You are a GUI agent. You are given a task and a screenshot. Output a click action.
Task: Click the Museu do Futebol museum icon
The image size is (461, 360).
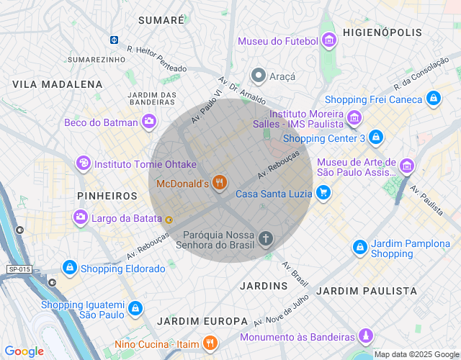coord(329,40)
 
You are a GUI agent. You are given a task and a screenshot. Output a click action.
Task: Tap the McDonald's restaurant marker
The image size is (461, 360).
coord(220,184)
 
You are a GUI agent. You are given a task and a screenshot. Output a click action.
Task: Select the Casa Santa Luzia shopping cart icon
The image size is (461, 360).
coord(323,193)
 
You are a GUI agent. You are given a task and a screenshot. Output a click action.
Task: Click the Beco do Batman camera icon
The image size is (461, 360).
coord(149,122)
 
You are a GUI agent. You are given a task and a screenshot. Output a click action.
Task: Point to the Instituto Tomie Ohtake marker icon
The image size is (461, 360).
coord(84,164)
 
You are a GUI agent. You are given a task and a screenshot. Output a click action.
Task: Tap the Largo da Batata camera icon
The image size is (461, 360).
coord(80,216)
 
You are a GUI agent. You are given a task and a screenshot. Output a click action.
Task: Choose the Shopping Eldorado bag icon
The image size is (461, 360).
coord(69,268)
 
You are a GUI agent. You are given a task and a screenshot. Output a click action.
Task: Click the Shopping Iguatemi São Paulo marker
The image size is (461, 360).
coord(135,309)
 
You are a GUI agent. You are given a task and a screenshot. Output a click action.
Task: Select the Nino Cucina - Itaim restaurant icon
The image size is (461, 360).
coord(210,343)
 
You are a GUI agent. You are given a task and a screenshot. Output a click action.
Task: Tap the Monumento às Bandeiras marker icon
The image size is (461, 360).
coord(366,336)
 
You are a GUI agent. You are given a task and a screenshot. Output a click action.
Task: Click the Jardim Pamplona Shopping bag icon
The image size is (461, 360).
coord(359,248)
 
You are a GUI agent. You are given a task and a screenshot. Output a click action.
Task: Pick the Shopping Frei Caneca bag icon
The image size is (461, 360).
coord(432,99)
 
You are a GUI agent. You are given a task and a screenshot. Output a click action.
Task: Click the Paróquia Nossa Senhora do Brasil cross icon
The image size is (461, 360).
coord(266,238)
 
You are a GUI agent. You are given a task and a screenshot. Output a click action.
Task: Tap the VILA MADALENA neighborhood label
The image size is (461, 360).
coord(58,84)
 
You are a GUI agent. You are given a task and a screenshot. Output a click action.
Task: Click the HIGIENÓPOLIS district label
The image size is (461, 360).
coord(382,32)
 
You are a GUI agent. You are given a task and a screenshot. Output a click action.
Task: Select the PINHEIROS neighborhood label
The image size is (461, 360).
coord(107,196)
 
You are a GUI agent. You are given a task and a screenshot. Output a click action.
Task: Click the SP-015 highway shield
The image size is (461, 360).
coord(19,269)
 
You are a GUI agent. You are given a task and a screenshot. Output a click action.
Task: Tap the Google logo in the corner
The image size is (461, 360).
coord(24,351)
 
